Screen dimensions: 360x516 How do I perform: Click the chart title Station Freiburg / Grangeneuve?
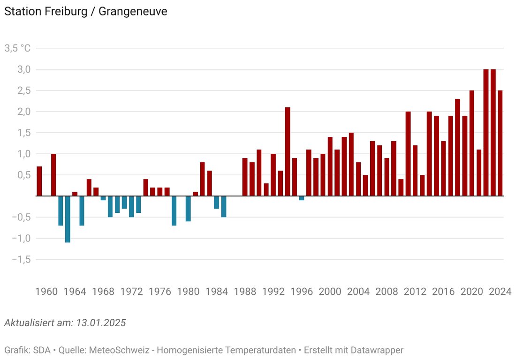pyautogui.click(x=85, y=11)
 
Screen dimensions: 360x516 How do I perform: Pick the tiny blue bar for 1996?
pyautogui.click(x=302, y=198)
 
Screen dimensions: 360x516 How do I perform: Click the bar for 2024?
pyautogui.click(x=500, y=143)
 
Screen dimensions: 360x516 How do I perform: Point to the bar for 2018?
pyautogui.click(x=457, y=147)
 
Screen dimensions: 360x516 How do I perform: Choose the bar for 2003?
pyautogui.click(x=351, y=164)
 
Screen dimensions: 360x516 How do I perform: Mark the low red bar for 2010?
pyautogui.click(x=401, y=187)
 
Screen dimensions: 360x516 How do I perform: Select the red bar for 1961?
pyautogui.click(x=53, y=175)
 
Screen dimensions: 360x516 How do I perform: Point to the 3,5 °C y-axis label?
pyautogui.click(x=17, y=48)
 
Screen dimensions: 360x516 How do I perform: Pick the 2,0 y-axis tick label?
pyautogui.click(x=24, y=112)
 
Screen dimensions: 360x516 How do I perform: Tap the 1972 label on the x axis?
pyautogui.click(x=131, y=291)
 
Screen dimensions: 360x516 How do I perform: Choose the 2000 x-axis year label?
pyautogui.click(x=330, y=291)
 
